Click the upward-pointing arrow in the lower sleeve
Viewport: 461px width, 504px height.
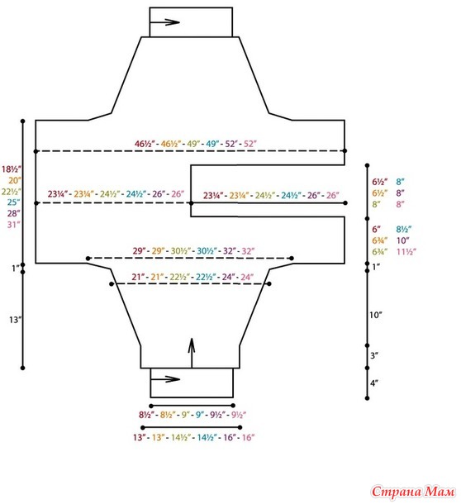pyautogui.click(x=192, y=353)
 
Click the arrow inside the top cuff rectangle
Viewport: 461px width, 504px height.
pyautogui.click(x=164, y=22)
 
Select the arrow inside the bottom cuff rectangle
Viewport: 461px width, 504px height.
pyautogui.click(x=165, y=379)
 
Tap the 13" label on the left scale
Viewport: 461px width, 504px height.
pyautogui.click(x=15, y=320)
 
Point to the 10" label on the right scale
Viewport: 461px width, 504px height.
pyautogui.click(x=375, y=315)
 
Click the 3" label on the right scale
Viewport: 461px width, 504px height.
pyautogui.click(x=374, y=355)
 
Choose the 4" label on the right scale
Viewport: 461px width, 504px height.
pyautogui.click(x=374, y=383)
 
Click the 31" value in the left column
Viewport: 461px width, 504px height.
pyautogui.click(x=14, y=225)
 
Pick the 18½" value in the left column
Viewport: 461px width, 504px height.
pyautogui.click(x=12, y=169)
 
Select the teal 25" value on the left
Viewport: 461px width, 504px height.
pyautogui.click(x=13, y=202)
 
